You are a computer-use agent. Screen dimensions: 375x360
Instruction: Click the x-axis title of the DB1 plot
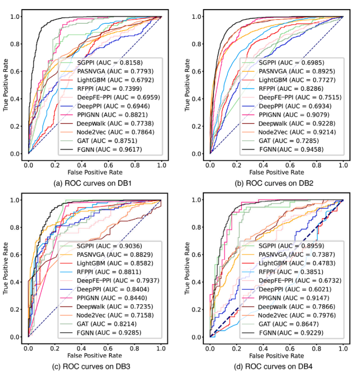click(x=95, y=172)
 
